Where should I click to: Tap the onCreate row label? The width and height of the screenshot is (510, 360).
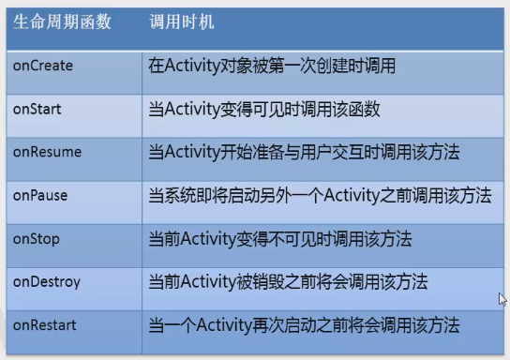pos(42,66)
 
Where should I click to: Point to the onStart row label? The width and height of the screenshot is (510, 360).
pos(37,109)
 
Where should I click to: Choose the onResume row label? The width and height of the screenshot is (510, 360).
pos(47,152)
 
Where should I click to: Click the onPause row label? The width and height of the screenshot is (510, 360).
pos(42,195)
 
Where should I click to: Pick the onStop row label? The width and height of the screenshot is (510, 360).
pos(37,238)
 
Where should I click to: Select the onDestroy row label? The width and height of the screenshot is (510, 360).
pos(46,281)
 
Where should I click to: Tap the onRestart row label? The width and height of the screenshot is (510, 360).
pos(44,324)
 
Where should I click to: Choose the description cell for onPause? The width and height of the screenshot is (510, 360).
pos(320,195)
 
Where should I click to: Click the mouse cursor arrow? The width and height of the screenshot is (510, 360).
pos(502,300)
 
